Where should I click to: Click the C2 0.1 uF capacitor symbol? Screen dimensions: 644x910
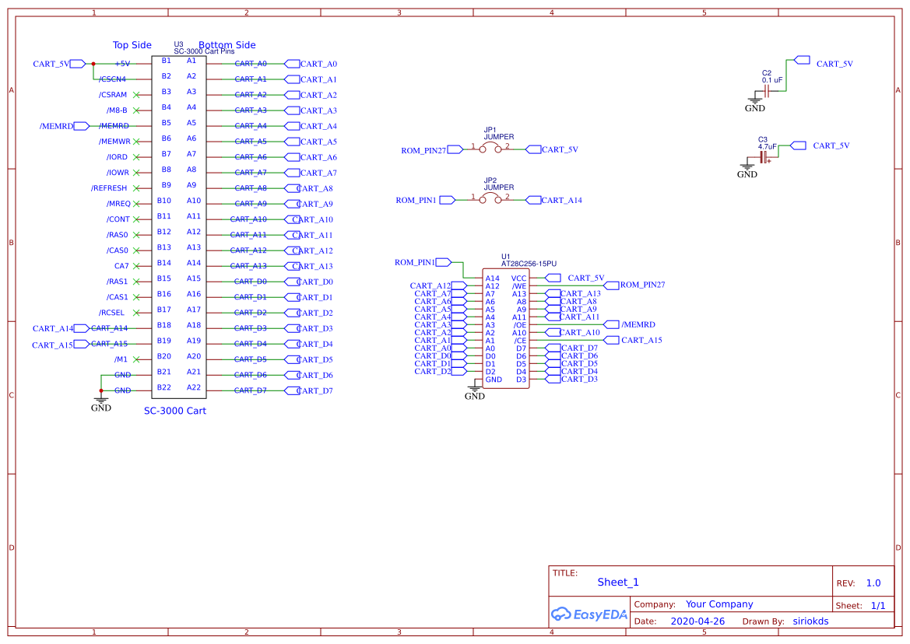click(x=767, y=90)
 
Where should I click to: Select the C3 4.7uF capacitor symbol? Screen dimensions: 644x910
click(x=766, y=158)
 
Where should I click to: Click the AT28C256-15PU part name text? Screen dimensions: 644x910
click(x=529, y=264)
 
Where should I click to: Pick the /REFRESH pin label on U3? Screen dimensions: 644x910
click(x=109, y=188)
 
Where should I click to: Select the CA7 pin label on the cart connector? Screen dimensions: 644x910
click(x=121, y=266)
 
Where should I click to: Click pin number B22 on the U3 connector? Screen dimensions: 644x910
click(x=164, y=387)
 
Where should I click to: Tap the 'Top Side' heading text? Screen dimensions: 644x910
click(x=132, y=45)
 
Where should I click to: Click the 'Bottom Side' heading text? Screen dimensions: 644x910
click(x=227, y=45)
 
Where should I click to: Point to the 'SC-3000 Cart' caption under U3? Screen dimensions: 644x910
click(x=175, y=411)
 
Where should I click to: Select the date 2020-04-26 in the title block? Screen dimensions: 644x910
click(x=697, y=621)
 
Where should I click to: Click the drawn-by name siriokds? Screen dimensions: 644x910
click(x=810, y=621)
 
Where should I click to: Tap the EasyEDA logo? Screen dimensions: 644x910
click(x=589, y=614)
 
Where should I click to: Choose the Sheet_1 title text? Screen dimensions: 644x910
click(x=618, y=582)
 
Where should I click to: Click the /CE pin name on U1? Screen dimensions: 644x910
click(x=520, y=341)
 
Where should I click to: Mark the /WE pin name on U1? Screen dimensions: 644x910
click(x=519, y=286)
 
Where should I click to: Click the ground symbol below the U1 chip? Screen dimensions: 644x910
click(x=474, y=388)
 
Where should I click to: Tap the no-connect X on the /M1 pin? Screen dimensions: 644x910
click(x=137, y=359)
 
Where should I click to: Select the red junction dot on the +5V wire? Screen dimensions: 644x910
click(x=93, y=64)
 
